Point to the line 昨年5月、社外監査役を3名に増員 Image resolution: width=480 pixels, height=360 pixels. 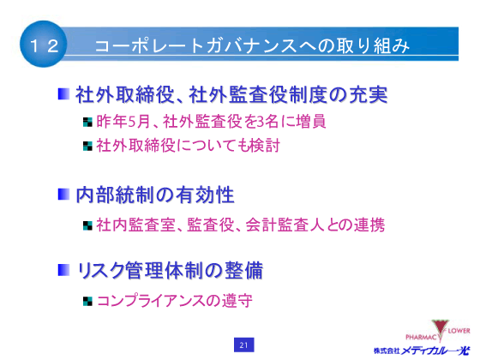[x=211, y=121]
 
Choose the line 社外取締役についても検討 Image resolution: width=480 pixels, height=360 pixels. [x=188, y=145]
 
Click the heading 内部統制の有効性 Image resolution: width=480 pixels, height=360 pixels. [x=155, y=195]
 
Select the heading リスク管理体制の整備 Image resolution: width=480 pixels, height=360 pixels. [x=170, y=270]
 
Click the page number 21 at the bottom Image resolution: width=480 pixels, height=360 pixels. [x=243, y=345]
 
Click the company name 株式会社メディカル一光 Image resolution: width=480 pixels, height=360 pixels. [x=423, y=350]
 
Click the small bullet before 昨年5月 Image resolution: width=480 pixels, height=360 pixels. [x=87, y=122]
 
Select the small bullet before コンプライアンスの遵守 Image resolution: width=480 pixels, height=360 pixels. [x=87, y=301]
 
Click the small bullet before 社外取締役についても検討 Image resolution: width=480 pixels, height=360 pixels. [x=87, y=146]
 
